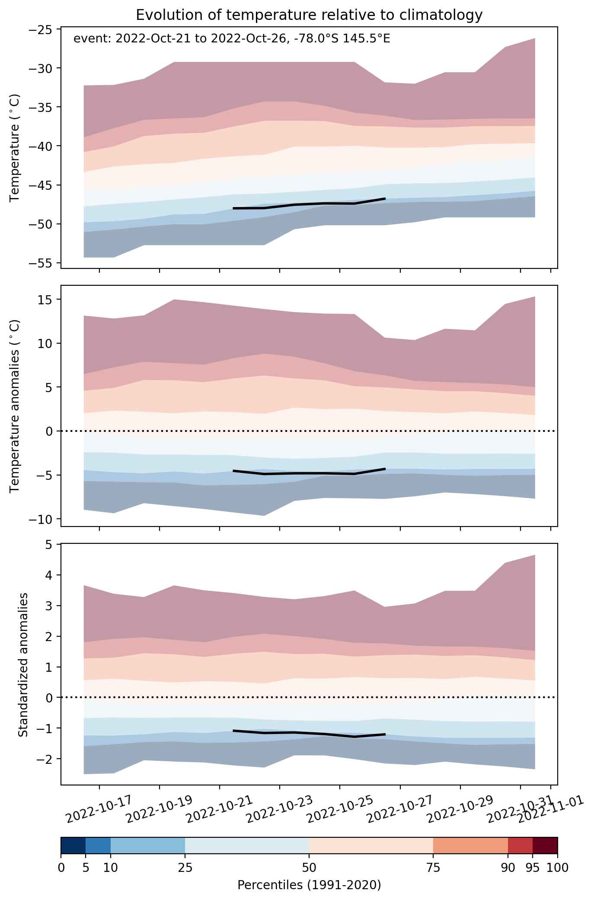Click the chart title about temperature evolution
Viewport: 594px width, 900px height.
pyautogui.click(x=309, y=15)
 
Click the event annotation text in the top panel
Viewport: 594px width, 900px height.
pyautogui.click(x=232, y=39)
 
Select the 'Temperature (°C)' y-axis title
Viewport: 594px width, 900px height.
pyautogui.click(x=15, y=147)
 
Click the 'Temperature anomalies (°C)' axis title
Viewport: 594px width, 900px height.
pyautogui.click(x=15, y=406)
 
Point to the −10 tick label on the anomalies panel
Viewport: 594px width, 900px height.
pyautogui.click(x=42, y=519)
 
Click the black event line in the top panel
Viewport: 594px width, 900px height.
pyautogui.click(x=309, y=204)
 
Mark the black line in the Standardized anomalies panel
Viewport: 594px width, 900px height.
pyautogui.click(x=309, y=733)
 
